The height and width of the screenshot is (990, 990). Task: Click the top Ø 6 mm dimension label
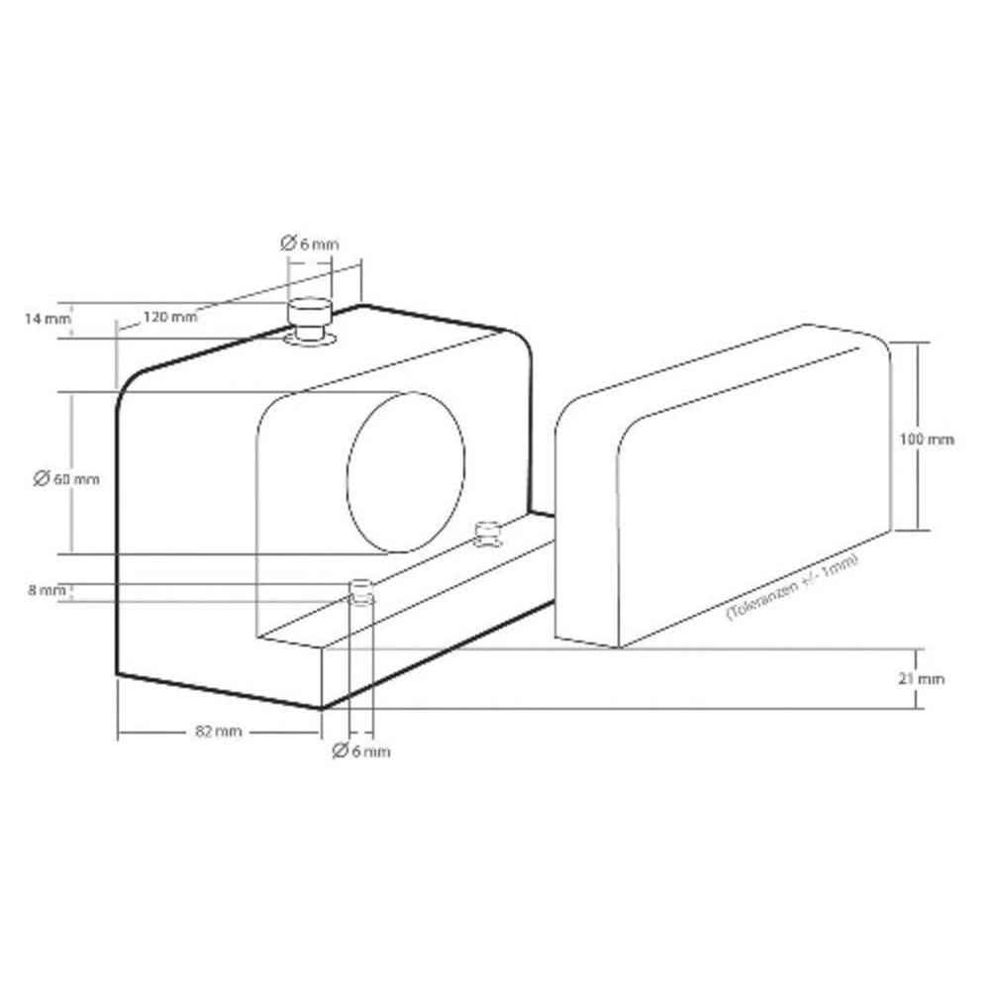[310, 243]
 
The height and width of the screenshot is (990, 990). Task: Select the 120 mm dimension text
[169, 317]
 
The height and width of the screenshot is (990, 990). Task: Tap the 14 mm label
[47, 318]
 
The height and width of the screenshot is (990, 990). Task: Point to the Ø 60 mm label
[65, 478]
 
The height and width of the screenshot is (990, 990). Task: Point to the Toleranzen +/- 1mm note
[792, 586]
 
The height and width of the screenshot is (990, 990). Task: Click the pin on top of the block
[310, 312]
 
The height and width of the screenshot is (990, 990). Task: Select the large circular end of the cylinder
[406, 472]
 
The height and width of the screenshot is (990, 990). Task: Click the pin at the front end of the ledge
[362, 590]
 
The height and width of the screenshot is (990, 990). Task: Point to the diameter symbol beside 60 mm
[42, 478]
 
